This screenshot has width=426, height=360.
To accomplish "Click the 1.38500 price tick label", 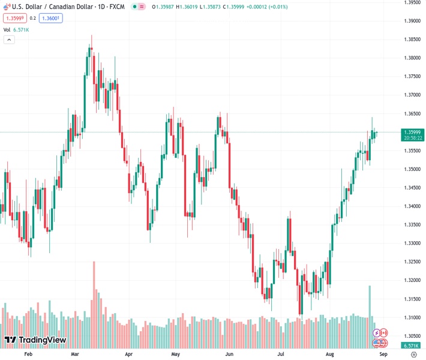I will (x=412, y=39).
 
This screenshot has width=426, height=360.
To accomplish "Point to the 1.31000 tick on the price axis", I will (x=412, y=317).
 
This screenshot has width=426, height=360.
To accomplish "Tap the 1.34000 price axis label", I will (x=412, y=206).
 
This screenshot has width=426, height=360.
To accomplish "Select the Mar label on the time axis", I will (x=75, y=355).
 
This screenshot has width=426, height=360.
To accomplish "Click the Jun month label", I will (x=229, y=355).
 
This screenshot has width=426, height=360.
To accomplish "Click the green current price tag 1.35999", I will (x=413, y=132).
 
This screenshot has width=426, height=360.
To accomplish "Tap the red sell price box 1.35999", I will (x=15, y=18).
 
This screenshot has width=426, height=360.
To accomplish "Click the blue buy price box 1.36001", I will (x=51, y=18).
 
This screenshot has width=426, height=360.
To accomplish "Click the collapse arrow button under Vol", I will (x=9, y=40).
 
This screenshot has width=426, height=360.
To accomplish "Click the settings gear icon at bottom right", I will (x=412, y=355).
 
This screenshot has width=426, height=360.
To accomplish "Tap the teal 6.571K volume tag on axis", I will (x=412, y=346).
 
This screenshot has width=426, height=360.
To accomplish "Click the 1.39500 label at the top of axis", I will (x=412, y=2).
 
